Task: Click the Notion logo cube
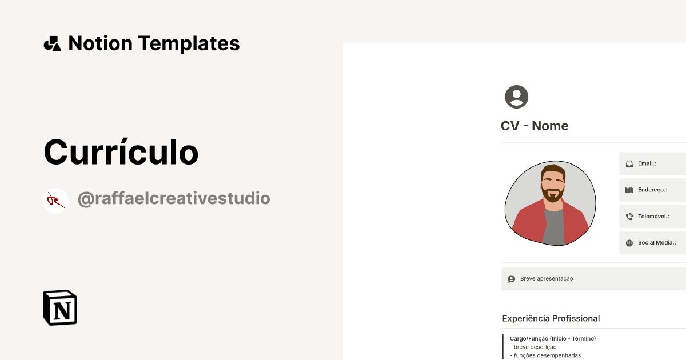(60, 308)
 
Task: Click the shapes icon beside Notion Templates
(52, 43)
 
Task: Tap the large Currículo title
(121, 152)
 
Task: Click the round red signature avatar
(55, 201)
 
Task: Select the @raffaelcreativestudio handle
(174, 199)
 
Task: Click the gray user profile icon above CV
(516, 97)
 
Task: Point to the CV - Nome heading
(535, 126)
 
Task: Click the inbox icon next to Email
(629, 163)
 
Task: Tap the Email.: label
(647, 163)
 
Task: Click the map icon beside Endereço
(629, 190)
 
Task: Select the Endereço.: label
(653, 190)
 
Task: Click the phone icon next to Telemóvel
(629, 217)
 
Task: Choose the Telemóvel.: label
(653, 217)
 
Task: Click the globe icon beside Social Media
(629, 243)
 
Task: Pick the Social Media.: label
(657, 243)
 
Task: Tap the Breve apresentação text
(547, 279)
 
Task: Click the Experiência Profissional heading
(551, 318)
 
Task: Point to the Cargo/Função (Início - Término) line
(553, 339)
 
